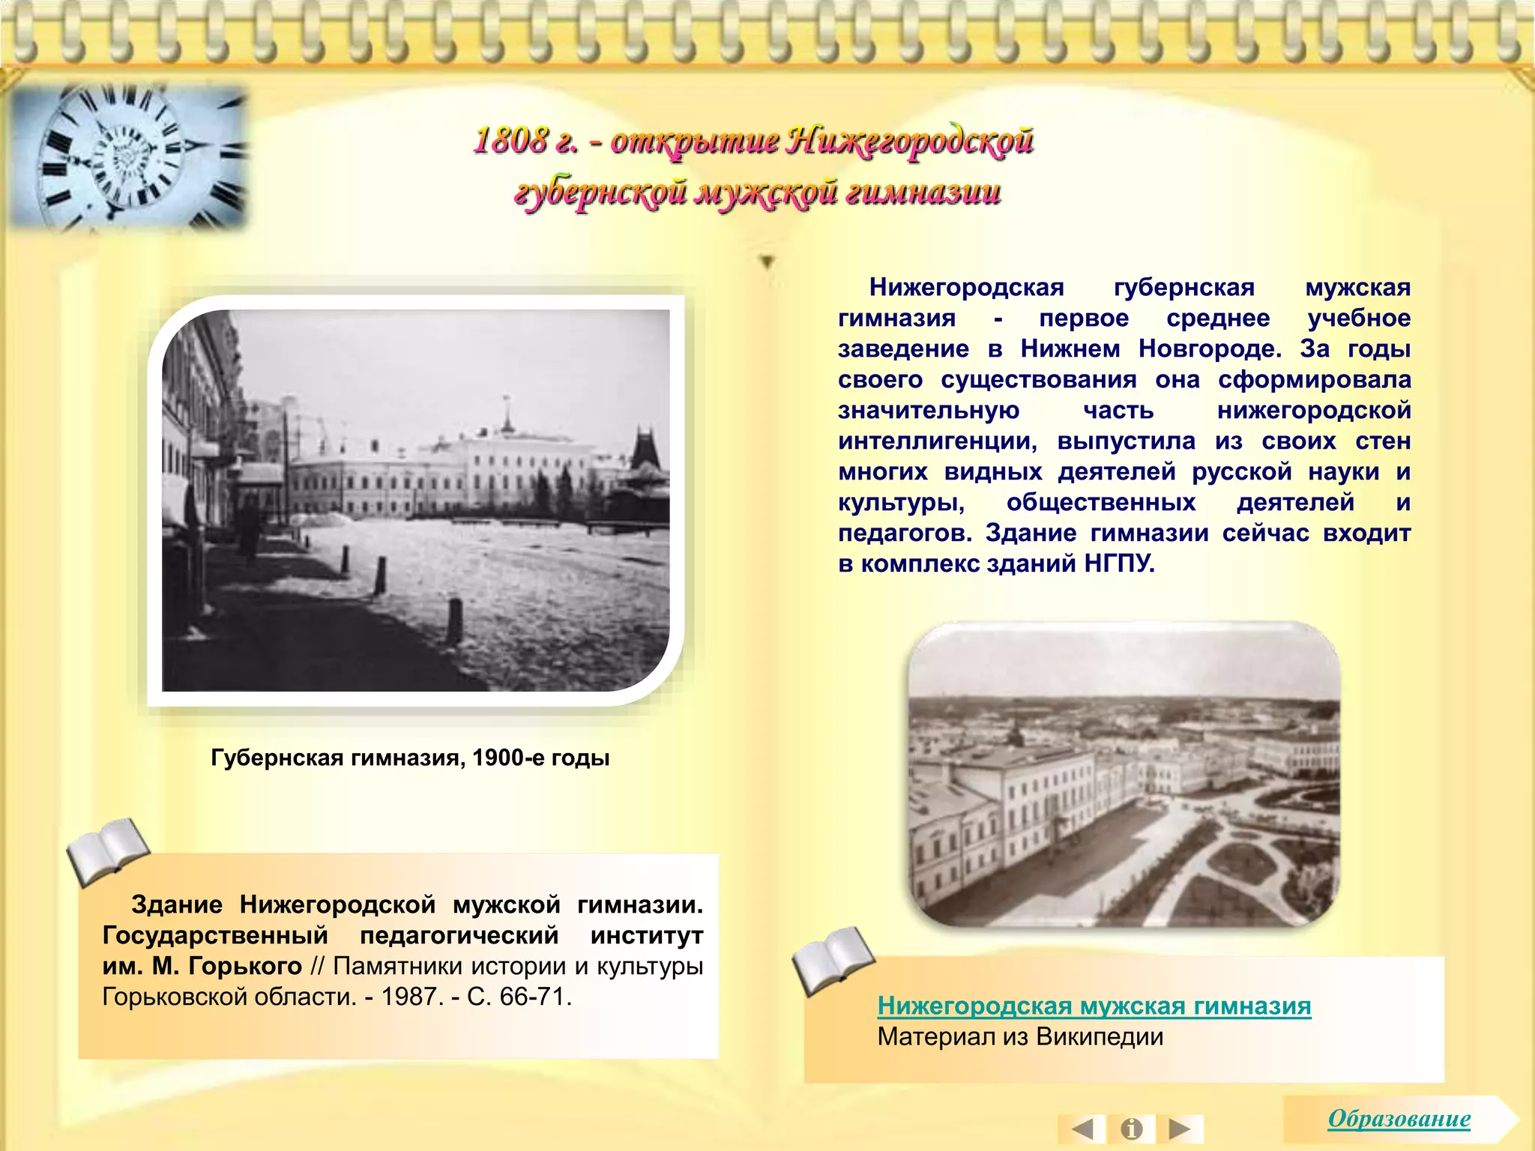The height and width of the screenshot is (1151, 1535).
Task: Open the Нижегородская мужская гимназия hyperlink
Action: tap(1094, 1006)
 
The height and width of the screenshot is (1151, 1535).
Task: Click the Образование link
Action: tap(1399, 1119)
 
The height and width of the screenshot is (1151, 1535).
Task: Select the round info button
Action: tap(1131, 1129)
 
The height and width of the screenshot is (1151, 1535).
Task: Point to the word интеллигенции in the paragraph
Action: tap(937, 441)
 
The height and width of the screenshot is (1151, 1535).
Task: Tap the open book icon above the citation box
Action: tap(108, 851)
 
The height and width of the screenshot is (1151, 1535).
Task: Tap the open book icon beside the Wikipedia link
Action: tap(833, 960)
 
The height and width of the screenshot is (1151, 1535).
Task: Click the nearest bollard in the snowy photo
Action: tap(454, 620)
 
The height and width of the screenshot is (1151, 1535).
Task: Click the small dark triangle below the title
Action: tap(767, 262)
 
